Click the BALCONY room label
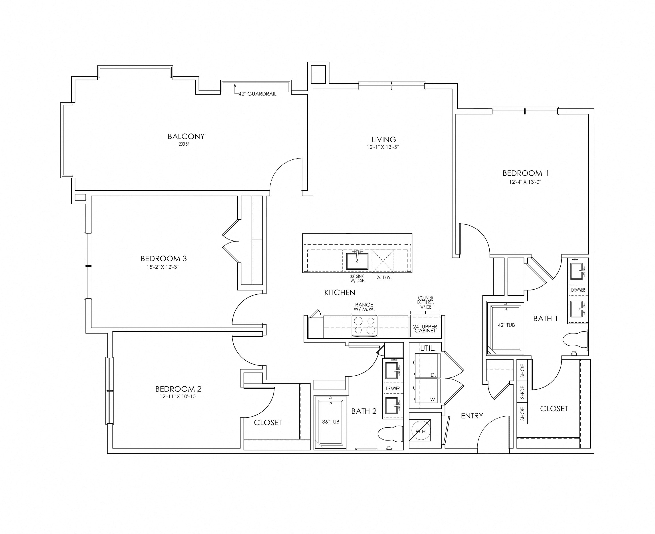[186, 136]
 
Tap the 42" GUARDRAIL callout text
[257, 94]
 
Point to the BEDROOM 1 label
[526, 173]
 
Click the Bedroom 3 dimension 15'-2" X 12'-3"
[163, 267]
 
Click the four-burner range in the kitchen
[365, 326]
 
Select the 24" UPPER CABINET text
[425, 329]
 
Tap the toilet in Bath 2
[390, 433]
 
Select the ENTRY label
[472, 416]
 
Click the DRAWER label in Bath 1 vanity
[578, 290]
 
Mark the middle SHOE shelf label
[522, 392]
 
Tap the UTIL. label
[428, 349]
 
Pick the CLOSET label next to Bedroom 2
[268, 423]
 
